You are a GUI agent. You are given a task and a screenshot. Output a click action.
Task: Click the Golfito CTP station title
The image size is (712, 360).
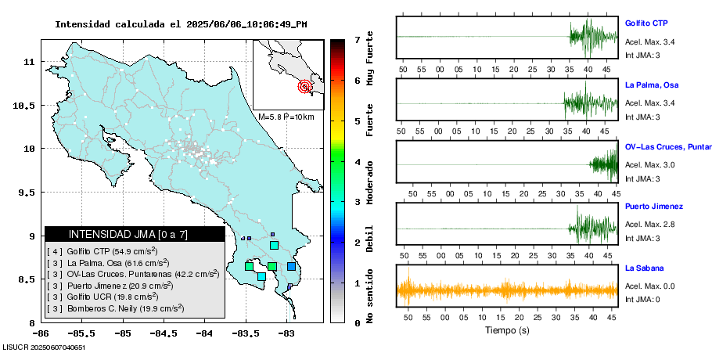pyautogui.click(x=645, y=23)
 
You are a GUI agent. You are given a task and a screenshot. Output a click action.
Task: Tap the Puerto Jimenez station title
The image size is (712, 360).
pyautogui.click(x=654, y=207)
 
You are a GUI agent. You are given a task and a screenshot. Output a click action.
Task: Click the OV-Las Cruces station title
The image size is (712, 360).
pyautogui.click(x=666, y=146)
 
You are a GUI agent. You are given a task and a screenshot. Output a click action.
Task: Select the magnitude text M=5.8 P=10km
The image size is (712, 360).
pyautogui.click(x=286, y=117)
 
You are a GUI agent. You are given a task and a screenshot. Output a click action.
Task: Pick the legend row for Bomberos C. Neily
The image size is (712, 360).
pyautogui.click(x=115, y=308)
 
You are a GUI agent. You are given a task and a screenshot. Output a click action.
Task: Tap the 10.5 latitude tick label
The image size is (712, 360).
pyautogui.click(x=28, y=105)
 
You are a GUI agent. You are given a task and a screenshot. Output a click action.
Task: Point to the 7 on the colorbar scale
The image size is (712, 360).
pyautogui.click(x=357, y=39)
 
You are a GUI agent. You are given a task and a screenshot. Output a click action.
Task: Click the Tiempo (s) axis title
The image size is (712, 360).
pyautogui.click(x=508, y=330)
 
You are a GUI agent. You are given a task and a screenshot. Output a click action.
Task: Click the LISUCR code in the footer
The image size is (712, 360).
pyautogui.click(x=44, y=347)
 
